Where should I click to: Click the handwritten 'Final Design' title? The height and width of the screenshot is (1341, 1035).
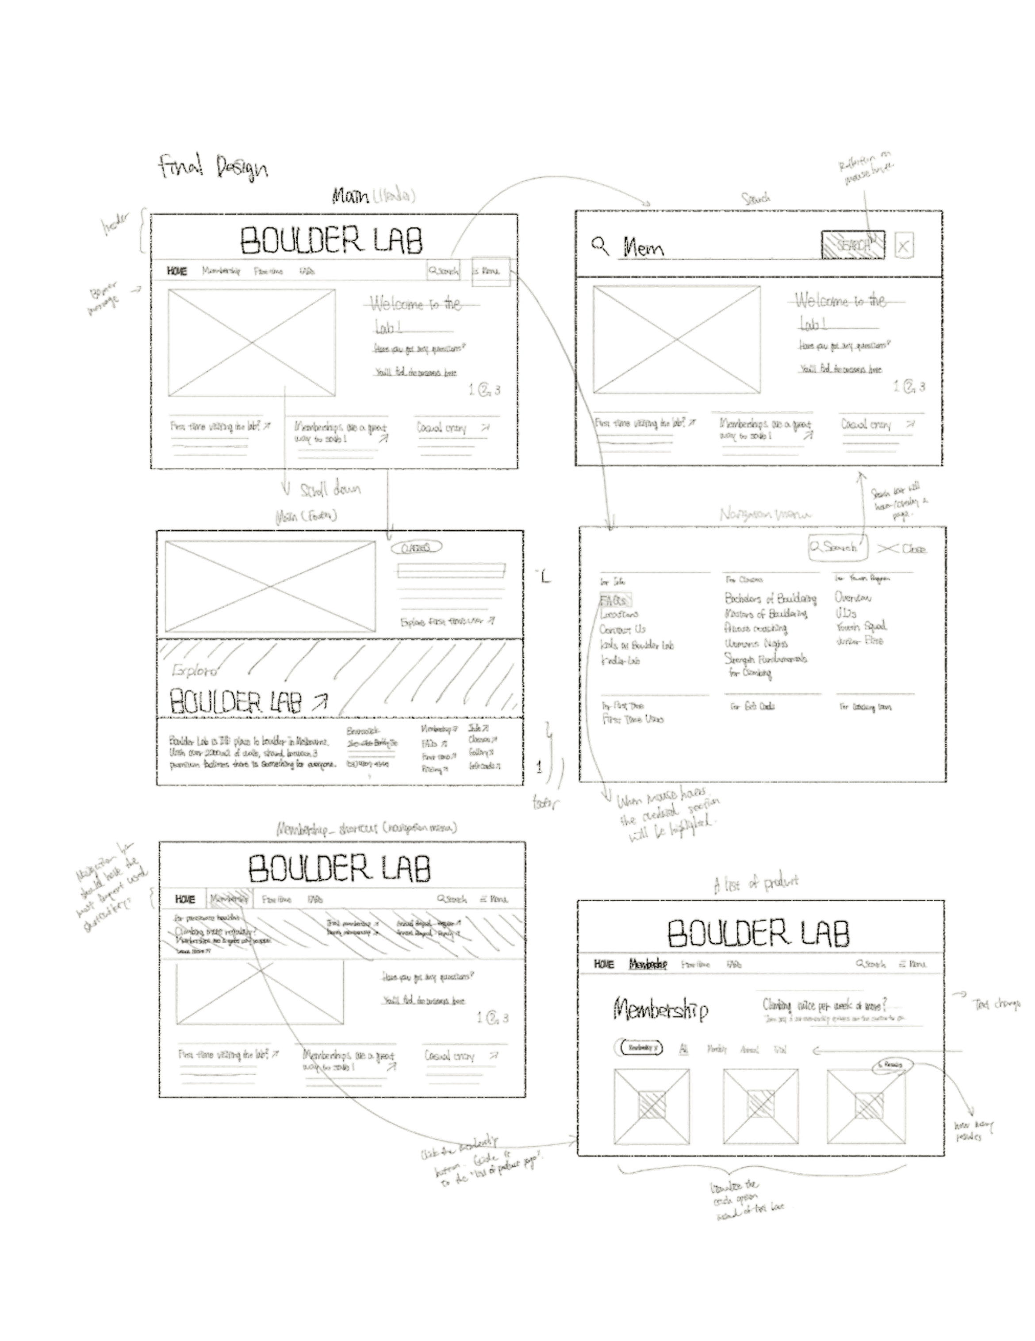click(212, 168)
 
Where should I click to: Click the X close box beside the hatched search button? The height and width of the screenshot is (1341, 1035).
click(904, 245)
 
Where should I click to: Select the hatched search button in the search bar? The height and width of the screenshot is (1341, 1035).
click(853, 245)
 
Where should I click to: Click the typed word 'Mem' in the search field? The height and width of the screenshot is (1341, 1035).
click(644, 249)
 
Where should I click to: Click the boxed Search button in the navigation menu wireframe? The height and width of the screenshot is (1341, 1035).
click(838, 547)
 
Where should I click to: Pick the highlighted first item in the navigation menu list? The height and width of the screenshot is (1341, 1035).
click(616, 599)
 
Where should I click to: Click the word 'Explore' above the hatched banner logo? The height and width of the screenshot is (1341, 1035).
click(195, 670)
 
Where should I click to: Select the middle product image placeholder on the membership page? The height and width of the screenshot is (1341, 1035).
click(761, 1107)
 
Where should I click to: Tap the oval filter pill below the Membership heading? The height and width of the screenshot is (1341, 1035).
click(638, 1047)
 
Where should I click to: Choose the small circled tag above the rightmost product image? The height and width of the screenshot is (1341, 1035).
click(893, 1065)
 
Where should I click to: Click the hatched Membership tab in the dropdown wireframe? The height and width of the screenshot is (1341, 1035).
click(230, 899)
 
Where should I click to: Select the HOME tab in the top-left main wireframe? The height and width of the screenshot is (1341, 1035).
click(177, 270)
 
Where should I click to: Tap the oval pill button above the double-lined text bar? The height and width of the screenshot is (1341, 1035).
click(416, 547)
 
